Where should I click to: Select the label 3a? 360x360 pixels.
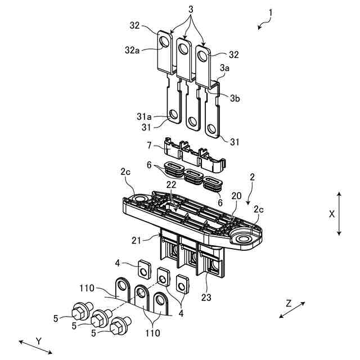pyautogui.click(x=225, y=67)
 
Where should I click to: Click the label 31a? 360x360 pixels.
pyautogui.click(x=143, y=116)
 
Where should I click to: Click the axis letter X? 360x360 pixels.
pyautogui.click(x=331, y=214)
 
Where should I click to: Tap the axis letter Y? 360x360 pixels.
pyautogui.click(x=38, y=341)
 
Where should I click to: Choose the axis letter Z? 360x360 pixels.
pyautogui.click(x=289, y=303)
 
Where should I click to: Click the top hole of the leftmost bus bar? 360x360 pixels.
pyautogui.click(x=165, y=43)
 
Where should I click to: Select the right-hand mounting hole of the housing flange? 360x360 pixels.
pyautogui.click(x=245, y=240)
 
